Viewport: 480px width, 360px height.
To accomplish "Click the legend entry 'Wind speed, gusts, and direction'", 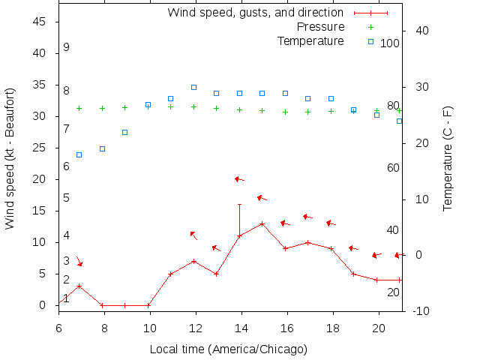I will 255,12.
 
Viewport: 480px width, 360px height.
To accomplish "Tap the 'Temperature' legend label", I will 310,40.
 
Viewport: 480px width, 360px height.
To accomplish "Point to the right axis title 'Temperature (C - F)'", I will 448,158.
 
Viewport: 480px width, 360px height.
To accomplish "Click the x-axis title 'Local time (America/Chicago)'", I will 228,349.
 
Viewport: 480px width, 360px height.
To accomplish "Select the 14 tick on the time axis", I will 241,327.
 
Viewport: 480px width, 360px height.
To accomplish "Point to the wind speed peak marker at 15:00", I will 262,223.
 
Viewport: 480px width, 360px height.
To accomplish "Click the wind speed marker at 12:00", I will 193,261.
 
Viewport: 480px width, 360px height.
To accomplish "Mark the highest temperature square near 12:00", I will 193,87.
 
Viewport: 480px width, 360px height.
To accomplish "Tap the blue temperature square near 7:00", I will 79,154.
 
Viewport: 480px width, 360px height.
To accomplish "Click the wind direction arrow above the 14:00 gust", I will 239,179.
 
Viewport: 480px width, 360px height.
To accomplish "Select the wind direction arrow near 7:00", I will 79,260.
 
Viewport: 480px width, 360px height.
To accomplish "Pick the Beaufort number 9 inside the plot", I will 66,47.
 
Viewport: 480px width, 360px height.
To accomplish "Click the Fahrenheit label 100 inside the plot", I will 390,43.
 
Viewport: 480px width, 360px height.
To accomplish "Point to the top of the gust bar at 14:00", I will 239,204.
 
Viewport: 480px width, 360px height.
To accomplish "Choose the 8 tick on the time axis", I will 104,327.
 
